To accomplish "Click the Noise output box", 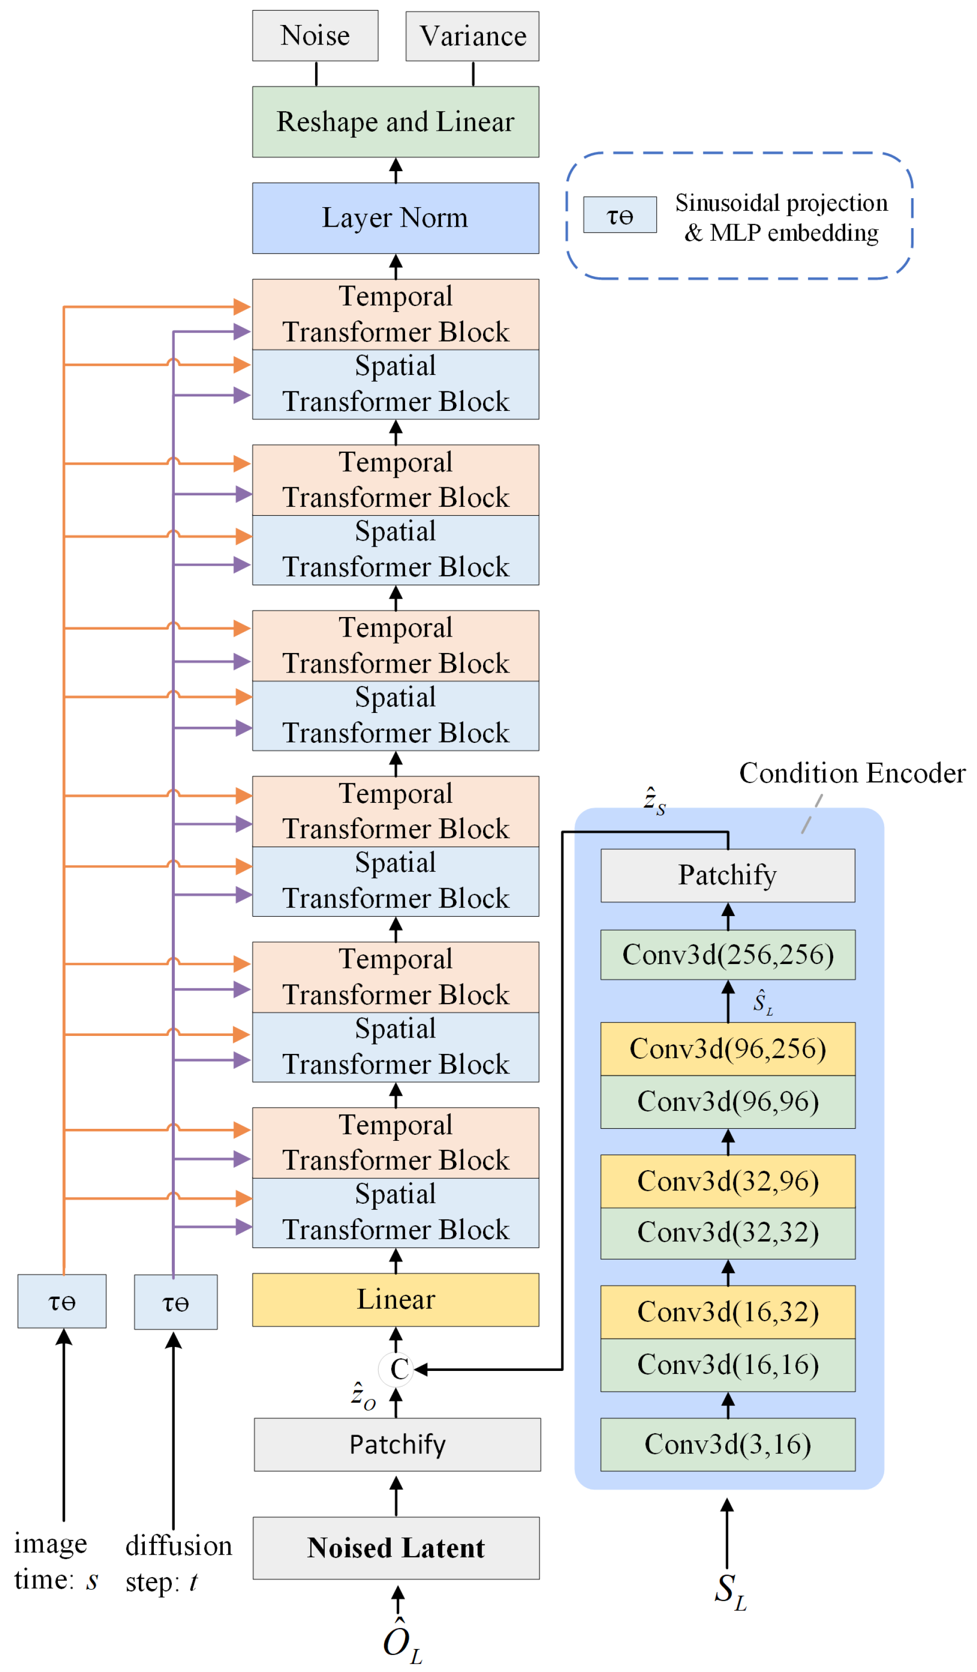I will tap(315, 36).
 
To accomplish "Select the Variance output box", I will tap(473, 36).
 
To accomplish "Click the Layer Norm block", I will tap(396, 218).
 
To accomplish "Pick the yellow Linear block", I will tap(396, 1300).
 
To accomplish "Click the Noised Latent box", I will tap(396, 1548).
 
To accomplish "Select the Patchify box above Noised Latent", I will tap(397, 1444).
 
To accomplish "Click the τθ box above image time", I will tap(62, 1301).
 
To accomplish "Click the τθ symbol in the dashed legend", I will tap(620, 215).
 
